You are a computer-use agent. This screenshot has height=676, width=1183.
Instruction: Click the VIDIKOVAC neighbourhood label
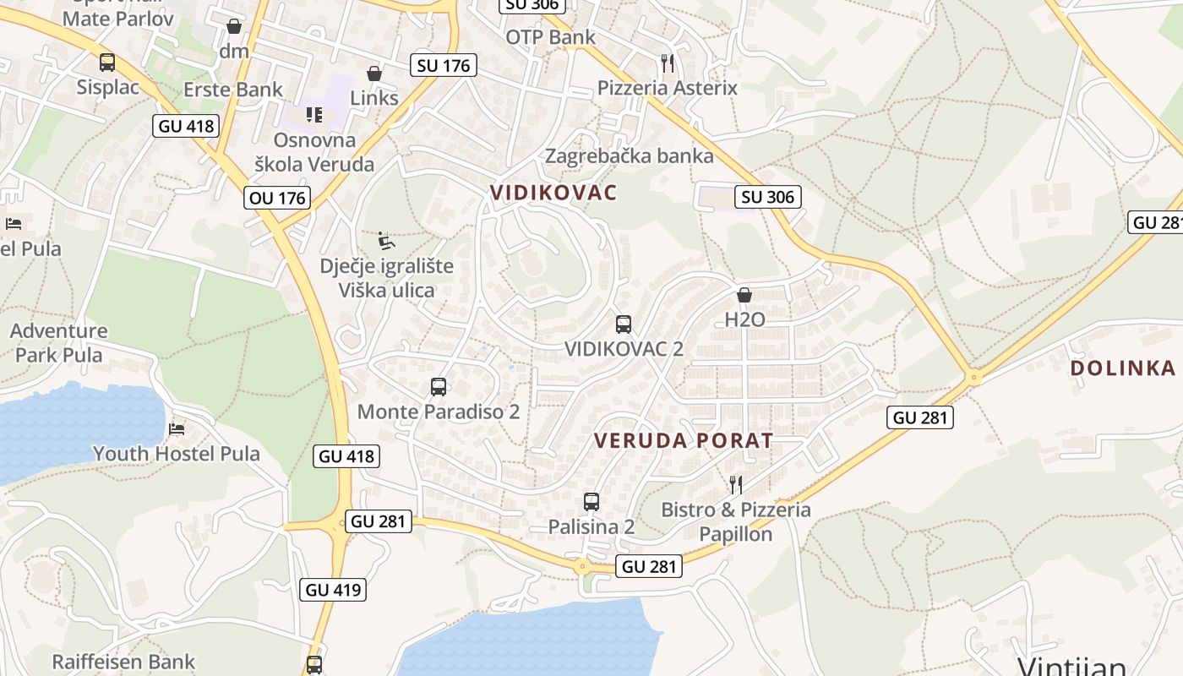point(553,193)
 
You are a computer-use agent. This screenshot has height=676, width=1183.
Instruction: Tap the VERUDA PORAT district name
point(684,440)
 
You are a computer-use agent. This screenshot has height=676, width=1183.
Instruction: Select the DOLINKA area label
point(1123,368)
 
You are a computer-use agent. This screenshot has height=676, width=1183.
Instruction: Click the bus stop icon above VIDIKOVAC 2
point(624,324)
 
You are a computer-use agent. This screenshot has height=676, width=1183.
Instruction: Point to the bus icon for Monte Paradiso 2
point(439,387)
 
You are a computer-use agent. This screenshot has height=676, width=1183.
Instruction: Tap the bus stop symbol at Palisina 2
point(591,502)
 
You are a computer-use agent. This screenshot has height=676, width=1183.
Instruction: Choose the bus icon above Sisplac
point(107,63)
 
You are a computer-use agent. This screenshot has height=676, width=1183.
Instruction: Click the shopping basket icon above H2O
point(744,295)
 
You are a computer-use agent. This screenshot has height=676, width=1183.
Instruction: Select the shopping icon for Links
point(374,74)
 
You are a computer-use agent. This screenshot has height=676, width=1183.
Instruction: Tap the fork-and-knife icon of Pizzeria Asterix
point(668,63)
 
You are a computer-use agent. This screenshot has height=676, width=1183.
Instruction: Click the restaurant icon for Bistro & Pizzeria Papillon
point(736,484)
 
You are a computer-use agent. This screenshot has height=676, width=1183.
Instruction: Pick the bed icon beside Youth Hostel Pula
point(177,429)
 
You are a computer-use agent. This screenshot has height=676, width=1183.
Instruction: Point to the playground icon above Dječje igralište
point(386,242)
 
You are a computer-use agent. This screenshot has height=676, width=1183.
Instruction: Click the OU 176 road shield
point(277,199)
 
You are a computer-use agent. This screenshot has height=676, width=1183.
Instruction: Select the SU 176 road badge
point(444,65)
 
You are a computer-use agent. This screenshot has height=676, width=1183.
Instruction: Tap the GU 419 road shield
point(334,590)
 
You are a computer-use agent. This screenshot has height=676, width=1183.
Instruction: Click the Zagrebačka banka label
point(630,156)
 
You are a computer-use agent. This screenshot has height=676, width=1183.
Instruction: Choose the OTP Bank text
point(551,37)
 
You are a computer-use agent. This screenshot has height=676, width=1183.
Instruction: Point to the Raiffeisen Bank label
point(123,662)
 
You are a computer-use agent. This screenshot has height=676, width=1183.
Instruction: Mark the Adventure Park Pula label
point(59,342)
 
